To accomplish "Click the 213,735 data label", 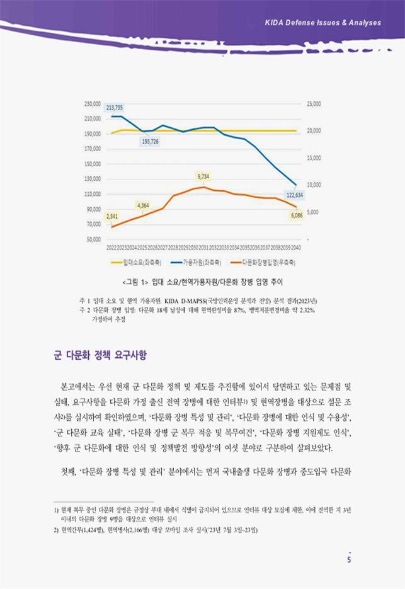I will pos(115,107).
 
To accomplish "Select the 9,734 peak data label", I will pos(203,176).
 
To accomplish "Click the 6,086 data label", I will pos(297,215).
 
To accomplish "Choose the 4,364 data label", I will pos(143,205).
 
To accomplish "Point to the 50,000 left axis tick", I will pos(94,239).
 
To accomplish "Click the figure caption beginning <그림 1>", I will pos(202,279).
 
